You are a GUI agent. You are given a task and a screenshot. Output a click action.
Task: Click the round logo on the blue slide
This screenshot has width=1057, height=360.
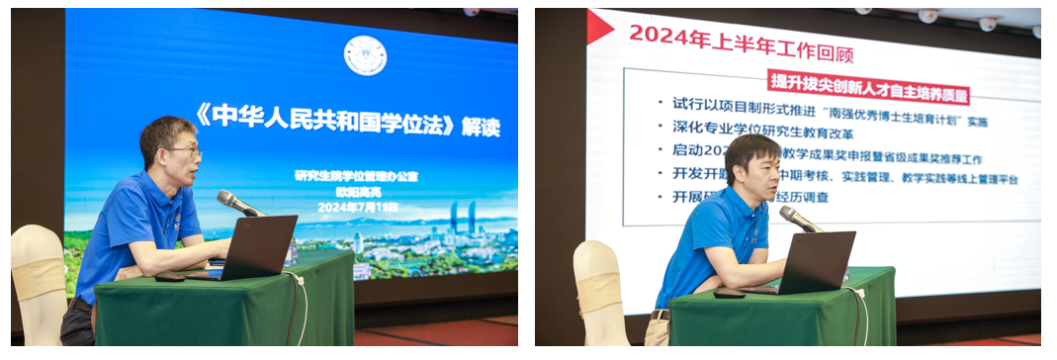point(365,55)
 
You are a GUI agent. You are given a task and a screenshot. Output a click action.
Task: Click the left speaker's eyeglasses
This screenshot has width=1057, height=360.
point(185,151)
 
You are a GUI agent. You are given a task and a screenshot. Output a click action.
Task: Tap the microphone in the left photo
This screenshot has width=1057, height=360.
point(239,204)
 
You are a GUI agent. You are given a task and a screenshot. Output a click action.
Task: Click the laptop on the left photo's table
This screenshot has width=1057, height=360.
point(256,248)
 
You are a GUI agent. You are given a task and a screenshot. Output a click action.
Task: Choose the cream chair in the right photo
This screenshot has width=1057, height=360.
point(600,292)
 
